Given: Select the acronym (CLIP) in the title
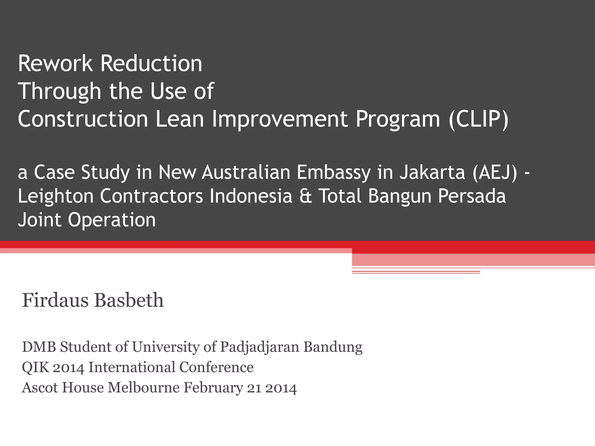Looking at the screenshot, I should point(478,119).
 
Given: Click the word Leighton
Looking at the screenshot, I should point(55,196).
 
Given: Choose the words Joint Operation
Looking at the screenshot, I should point(87,220).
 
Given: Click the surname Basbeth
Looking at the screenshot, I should point(129,300).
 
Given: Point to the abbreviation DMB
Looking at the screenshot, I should point(39,347).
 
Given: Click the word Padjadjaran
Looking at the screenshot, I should point(259,347).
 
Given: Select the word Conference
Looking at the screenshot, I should point(216,367).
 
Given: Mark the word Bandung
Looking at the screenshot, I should point(333,347).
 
